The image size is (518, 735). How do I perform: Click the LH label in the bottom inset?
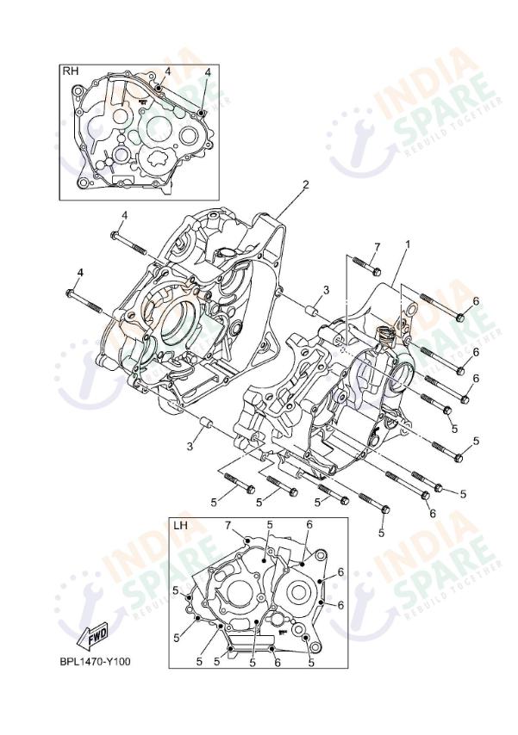coord(180,526)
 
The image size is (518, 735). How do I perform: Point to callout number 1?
coord(408,244)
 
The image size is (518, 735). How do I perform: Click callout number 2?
coord(304,184)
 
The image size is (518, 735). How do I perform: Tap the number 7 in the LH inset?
coord(228,525)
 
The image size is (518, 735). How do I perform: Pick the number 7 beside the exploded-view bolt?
coord(377,248)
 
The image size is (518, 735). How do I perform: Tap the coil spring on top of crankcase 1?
coord(385,333)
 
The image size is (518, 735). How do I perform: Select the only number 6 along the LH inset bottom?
coord(276,662)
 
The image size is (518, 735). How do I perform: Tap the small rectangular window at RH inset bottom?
coord(124,181)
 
